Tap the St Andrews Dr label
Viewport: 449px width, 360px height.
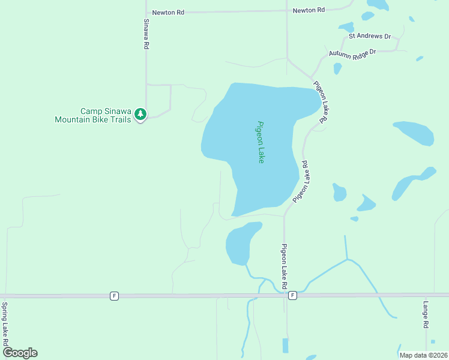370,36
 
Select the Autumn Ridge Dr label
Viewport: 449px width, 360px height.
352,53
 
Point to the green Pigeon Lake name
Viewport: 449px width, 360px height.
261,142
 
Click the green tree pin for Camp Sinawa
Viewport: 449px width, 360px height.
140,113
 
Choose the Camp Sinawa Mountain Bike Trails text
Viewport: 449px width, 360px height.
92,116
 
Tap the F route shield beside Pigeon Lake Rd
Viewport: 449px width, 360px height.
292,295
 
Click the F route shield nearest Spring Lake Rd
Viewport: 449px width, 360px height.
113,295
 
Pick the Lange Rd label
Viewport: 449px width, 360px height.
426,314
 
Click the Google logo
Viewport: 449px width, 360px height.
20,353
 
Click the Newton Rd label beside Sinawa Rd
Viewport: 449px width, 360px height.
168,12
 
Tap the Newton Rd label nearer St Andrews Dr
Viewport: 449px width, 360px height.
309,10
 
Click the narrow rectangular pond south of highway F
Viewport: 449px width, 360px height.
285,345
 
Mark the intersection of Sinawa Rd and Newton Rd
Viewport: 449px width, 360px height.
146,12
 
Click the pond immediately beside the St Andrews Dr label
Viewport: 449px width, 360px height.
346,27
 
